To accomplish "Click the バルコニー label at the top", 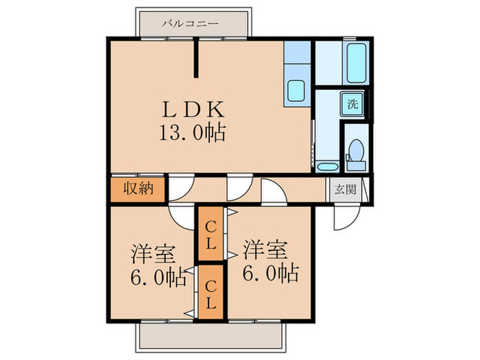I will [191, 23].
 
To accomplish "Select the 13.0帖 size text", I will [193, 132].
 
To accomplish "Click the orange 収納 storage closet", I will [137, 190].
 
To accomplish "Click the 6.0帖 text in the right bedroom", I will [270, 274].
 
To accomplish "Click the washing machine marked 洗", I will [352, 105].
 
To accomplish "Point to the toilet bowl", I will [355, 152].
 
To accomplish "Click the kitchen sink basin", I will [297, 91].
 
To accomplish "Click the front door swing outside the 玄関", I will [343, 218].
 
